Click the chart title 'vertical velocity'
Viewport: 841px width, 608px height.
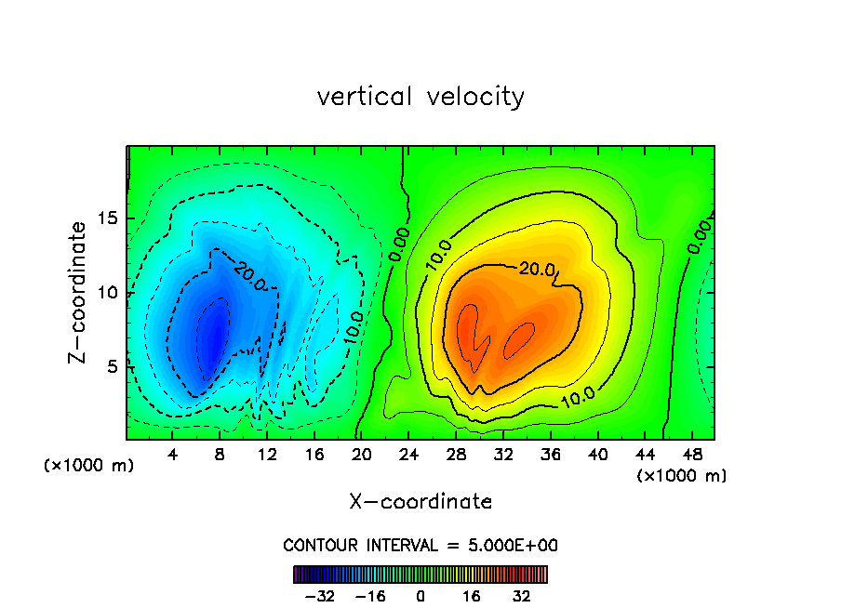click(420, 97)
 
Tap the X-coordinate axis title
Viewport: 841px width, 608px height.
click(420, 502)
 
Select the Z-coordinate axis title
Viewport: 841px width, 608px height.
click(80, 292)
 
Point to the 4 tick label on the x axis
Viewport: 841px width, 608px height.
click(173, 455)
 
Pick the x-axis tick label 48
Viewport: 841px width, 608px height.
click(692, 455)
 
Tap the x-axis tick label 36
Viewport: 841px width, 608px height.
click(551, 455)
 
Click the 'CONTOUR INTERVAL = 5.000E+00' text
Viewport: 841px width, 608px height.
click(420, 545)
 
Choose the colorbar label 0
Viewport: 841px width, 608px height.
click(420, 596)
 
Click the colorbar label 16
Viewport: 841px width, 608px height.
click(472, 596)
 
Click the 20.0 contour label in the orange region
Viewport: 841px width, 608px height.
click(537, 270)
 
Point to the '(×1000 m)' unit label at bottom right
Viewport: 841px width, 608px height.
click(681, 476)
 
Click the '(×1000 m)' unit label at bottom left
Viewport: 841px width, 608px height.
click(89, 466)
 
